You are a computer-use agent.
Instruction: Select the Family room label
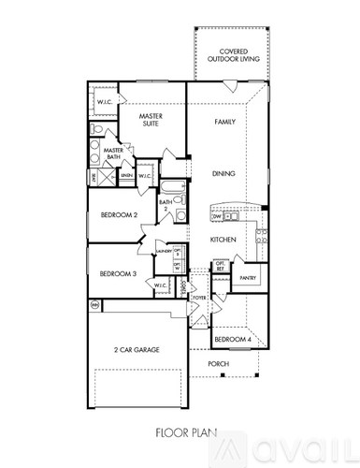coord(224,123)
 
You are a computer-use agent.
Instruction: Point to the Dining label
coord(224,174)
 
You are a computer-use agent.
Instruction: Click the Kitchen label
coord(222,241)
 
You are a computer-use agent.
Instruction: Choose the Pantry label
coord(248,278)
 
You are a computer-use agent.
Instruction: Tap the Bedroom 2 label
coord(119,215)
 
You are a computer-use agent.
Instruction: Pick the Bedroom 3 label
coord(119,273)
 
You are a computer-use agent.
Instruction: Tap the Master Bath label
coord(115,154)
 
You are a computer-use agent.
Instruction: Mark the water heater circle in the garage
coord(94,305)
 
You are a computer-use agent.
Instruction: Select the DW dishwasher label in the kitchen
coord(217,216)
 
